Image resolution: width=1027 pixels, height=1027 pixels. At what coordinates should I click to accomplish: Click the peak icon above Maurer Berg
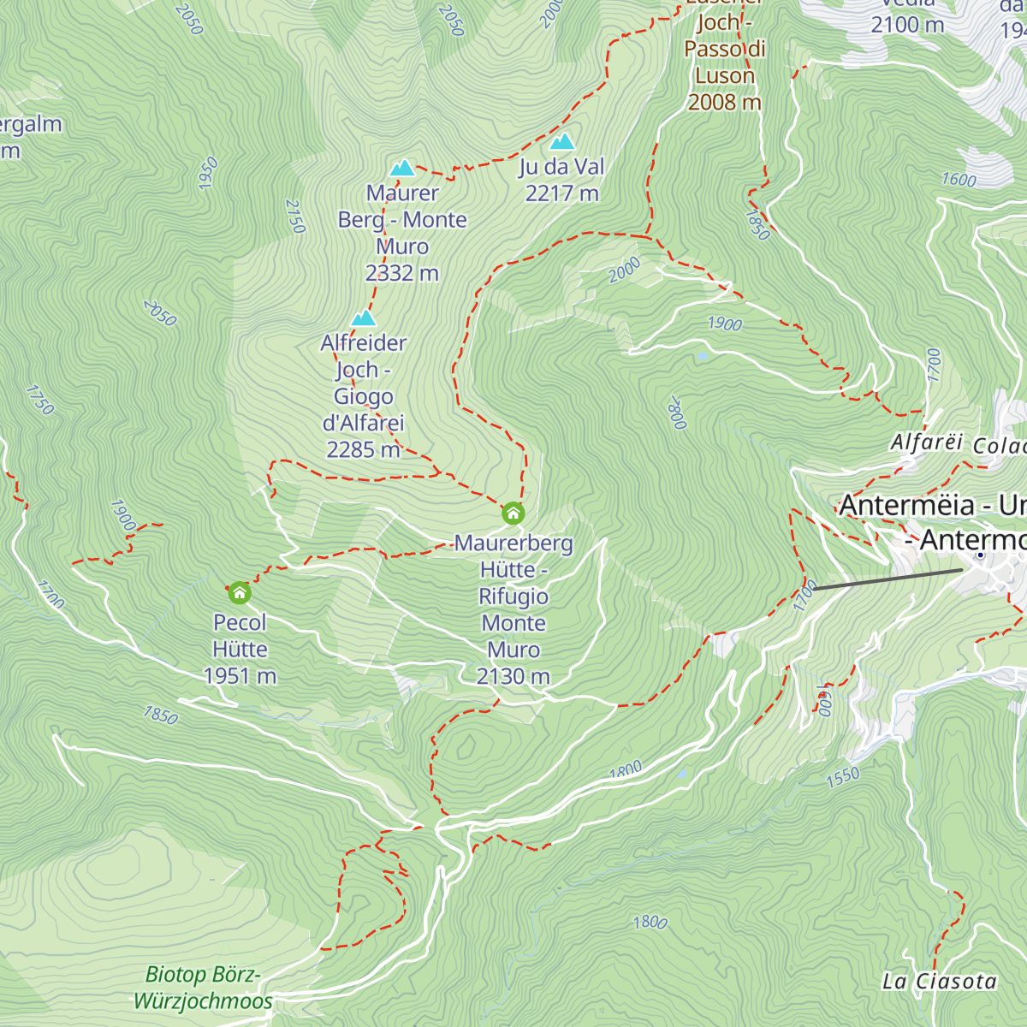402,168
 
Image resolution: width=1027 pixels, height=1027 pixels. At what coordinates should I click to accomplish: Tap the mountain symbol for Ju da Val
561,141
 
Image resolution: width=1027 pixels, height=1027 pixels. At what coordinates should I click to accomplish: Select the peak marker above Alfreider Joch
364,318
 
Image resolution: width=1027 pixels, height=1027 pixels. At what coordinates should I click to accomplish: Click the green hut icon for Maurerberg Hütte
513,513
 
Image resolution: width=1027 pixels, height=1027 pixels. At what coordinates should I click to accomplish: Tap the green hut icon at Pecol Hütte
240,592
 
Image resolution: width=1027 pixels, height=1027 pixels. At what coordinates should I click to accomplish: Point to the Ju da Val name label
561,167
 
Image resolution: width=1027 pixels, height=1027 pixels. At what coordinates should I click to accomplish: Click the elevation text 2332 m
401,273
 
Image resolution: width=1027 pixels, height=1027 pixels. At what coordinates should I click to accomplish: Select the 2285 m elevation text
363,449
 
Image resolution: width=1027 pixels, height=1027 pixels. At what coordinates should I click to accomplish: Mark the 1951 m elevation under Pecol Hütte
240,676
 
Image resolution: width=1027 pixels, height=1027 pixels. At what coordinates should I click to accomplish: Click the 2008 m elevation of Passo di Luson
724,102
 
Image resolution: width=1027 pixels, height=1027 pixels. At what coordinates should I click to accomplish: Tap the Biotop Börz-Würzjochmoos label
204,988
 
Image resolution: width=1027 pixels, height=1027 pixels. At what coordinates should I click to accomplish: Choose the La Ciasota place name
939,982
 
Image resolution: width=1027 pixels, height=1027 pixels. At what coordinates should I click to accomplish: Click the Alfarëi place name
926,442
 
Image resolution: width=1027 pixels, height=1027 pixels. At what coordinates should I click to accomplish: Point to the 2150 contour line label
294,217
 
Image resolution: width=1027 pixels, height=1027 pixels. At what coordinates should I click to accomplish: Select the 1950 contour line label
207,173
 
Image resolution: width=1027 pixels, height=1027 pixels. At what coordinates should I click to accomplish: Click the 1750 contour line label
39,400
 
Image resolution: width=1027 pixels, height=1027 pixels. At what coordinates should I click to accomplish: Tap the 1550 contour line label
842,777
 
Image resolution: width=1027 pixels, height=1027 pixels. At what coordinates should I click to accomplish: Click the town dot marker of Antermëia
981,555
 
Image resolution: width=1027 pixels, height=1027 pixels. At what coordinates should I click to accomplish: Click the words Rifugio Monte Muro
513,609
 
